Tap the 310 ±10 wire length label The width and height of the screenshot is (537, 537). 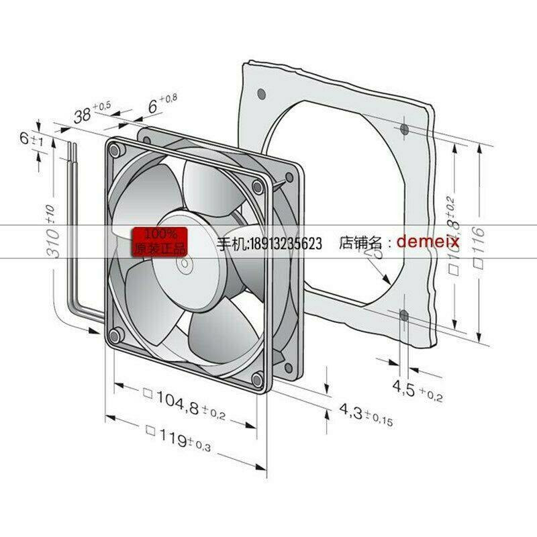click(56, 234)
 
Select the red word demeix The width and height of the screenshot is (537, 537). click(428, 241)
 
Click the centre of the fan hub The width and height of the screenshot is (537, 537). click(183, 264)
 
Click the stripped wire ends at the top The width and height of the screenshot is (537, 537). click(70, 148)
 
